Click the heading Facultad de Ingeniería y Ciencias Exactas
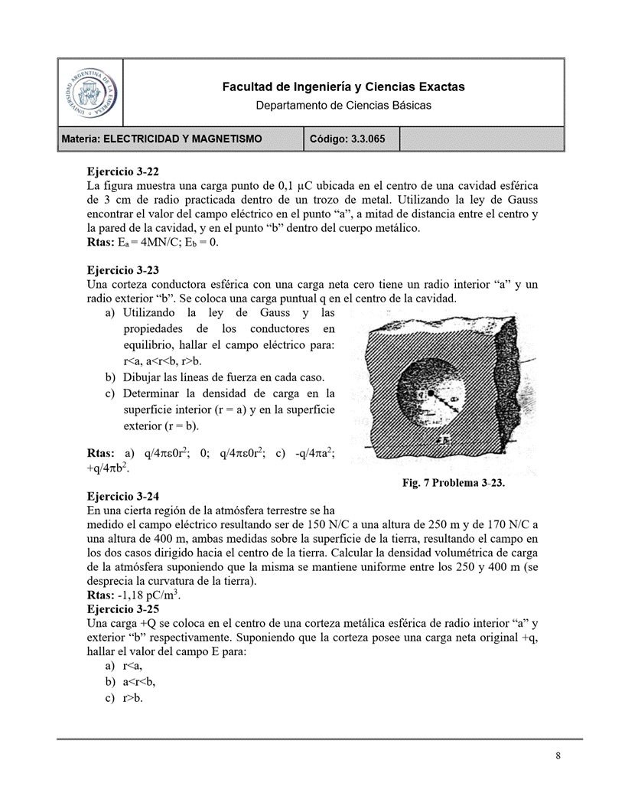tap(343, 87)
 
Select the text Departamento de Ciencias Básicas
tap(343, 105)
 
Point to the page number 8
tap(558, 757)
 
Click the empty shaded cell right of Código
tap(482, 139)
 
